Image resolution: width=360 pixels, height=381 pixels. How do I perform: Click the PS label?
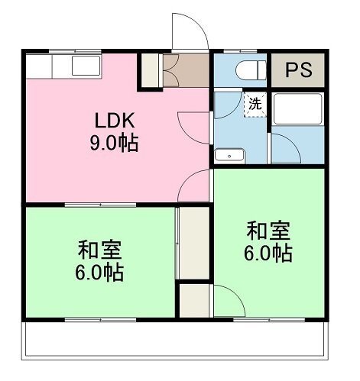298,69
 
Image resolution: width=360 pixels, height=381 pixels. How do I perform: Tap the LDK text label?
115,120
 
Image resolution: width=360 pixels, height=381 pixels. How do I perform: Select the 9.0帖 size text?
114,143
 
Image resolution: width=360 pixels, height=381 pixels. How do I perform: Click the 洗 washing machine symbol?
255,105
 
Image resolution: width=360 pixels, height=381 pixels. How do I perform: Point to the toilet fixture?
251,70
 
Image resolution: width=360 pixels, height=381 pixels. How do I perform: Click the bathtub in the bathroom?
297,109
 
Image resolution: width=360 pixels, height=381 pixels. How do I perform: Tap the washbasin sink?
229,156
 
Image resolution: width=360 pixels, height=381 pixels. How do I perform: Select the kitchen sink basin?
86,66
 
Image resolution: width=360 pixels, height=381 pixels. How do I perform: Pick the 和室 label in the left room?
99,250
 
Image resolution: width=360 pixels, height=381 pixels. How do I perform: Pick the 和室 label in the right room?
268,231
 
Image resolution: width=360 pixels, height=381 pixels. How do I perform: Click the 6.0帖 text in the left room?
99,273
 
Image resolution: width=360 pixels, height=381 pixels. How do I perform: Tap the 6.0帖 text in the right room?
268,253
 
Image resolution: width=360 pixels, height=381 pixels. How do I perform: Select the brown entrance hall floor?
186,70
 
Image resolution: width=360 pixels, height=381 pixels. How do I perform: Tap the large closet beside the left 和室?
194,244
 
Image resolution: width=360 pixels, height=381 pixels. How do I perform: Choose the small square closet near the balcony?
195,301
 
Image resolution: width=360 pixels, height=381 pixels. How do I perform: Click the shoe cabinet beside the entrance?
150,70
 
